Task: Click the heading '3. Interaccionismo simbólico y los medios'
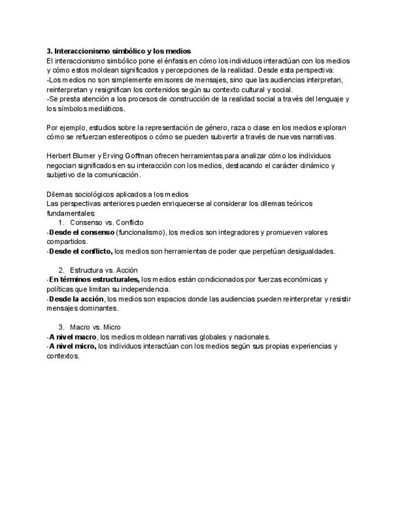click(118, 51)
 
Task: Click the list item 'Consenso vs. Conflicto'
click(106, 222)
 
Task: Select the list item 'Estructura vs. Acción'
click(103, 270)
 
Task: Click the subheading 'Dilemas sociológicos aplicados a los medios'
click(117, 194)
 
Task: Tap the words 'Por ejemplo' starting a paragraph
click(66, 128)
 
